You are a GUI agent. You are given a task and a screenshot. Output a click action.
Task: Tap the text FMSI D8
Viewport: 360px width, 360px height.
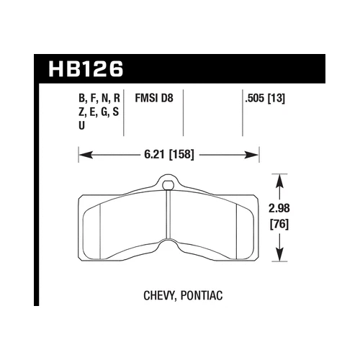tap(156, 99)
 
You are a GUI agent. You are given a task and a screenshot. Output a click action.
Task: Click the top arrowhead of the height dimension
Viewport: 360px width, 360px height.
tap(279, 177)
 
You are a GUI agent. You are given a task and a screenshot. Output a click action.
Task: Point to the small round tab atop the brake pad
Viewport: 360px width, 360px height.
tap(168, 186)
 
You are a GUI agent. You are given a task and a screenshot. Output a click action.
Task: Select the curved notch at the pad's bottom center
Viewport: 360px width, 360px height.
tap(168, 246)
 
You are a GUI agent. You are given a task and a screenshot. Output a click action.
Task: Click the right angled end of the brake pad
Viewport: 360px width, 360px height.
tap(251, 223)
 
